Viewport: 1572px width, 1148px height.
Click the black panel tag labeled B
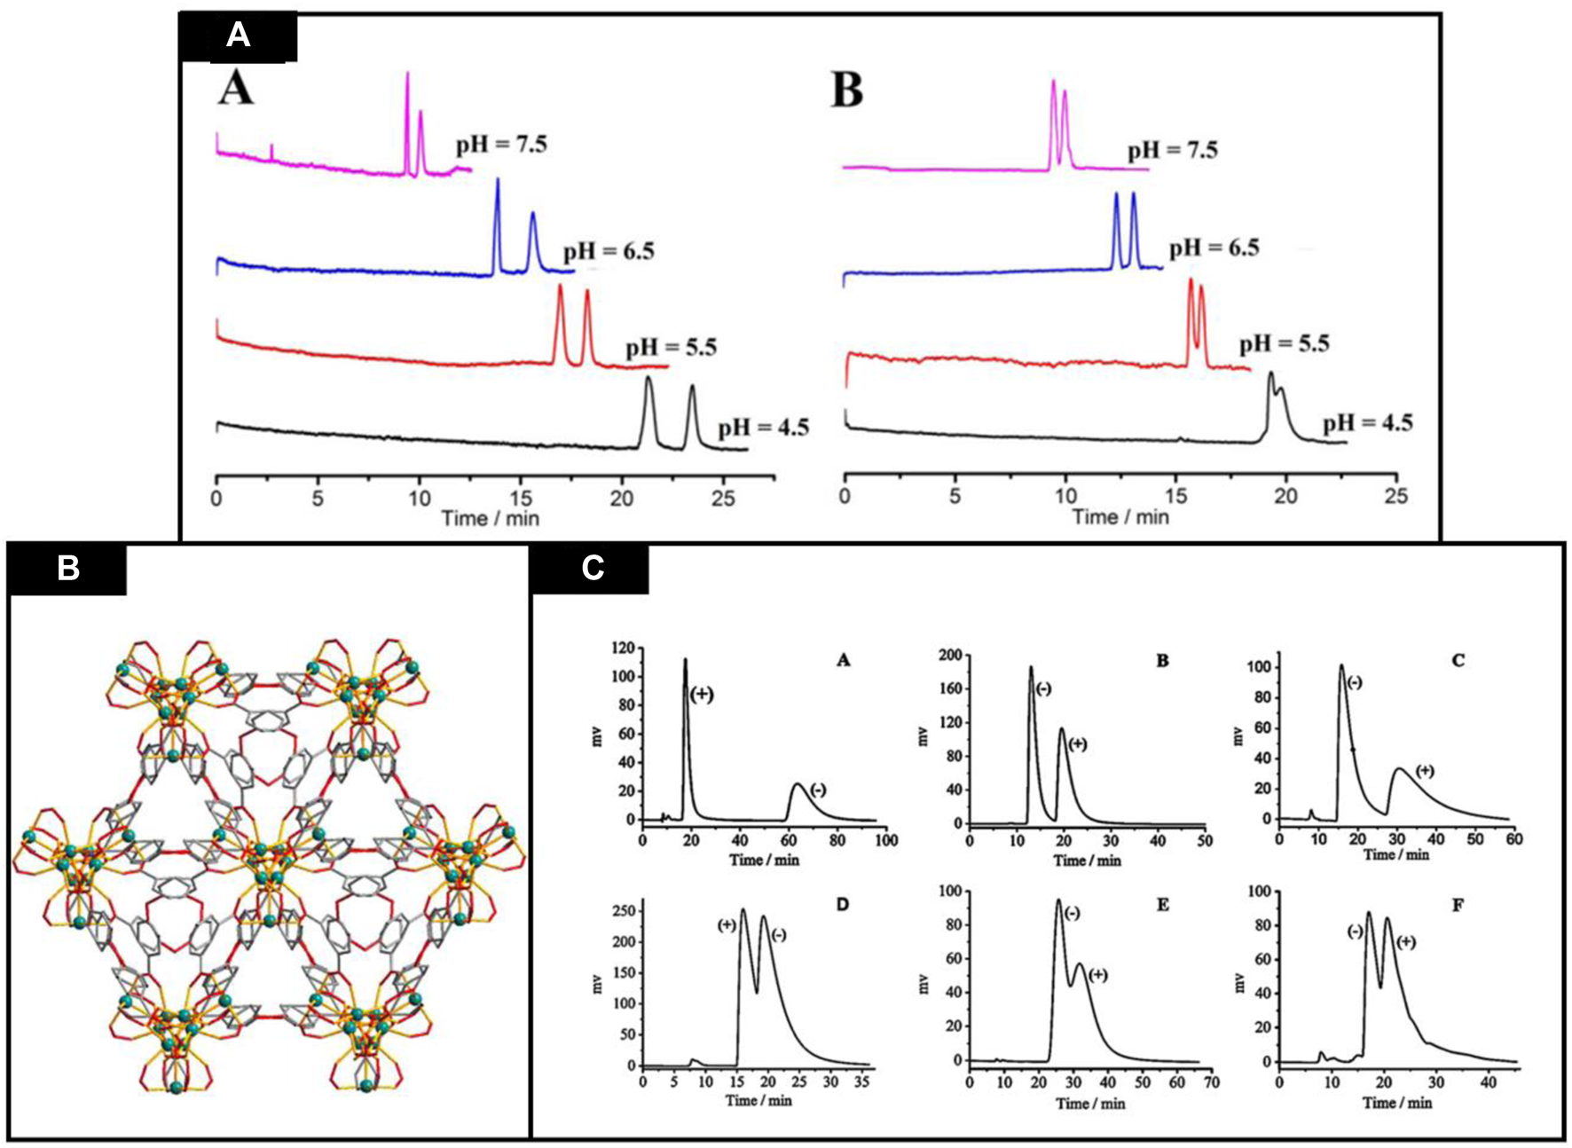(67, 568)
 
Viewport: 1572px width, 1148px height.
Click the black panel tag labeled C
(592, 568)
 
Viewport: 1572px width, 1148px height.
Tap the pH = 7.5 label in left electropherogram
(501, 144)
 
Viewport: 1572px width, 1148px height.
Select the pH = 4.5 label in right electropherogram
(1367, 422)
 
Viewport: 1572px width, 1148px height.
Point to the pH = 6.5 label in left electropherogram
(608, 251)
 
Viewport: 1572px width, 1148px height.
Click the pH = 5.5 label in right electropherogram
(1284, 343)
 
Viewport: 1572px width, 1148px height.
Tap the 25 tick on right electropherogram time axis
(1396, 496)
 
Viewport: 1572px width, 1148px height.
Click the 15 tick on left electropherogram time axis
(521, 499)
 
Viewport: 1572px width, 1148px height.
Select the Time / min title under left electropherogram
(491, 518)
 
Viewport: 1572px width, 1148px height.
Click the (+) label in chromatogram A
(701, 694)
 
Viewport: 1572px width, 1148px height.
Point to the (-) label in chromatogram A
(817, 789)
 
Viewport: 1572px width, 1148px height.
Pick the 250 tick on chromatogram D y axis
(621, 911)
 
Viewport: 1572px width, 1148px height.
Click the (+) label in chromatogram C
(1425, 771)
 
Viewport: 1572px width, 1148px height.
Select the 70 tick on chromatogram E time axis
(1213, 1082)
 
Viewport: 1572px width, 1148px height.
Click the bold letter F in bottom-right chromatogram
(1458, 905)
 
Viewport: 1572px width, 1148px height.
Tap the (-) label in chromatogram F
(1355, 932)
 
